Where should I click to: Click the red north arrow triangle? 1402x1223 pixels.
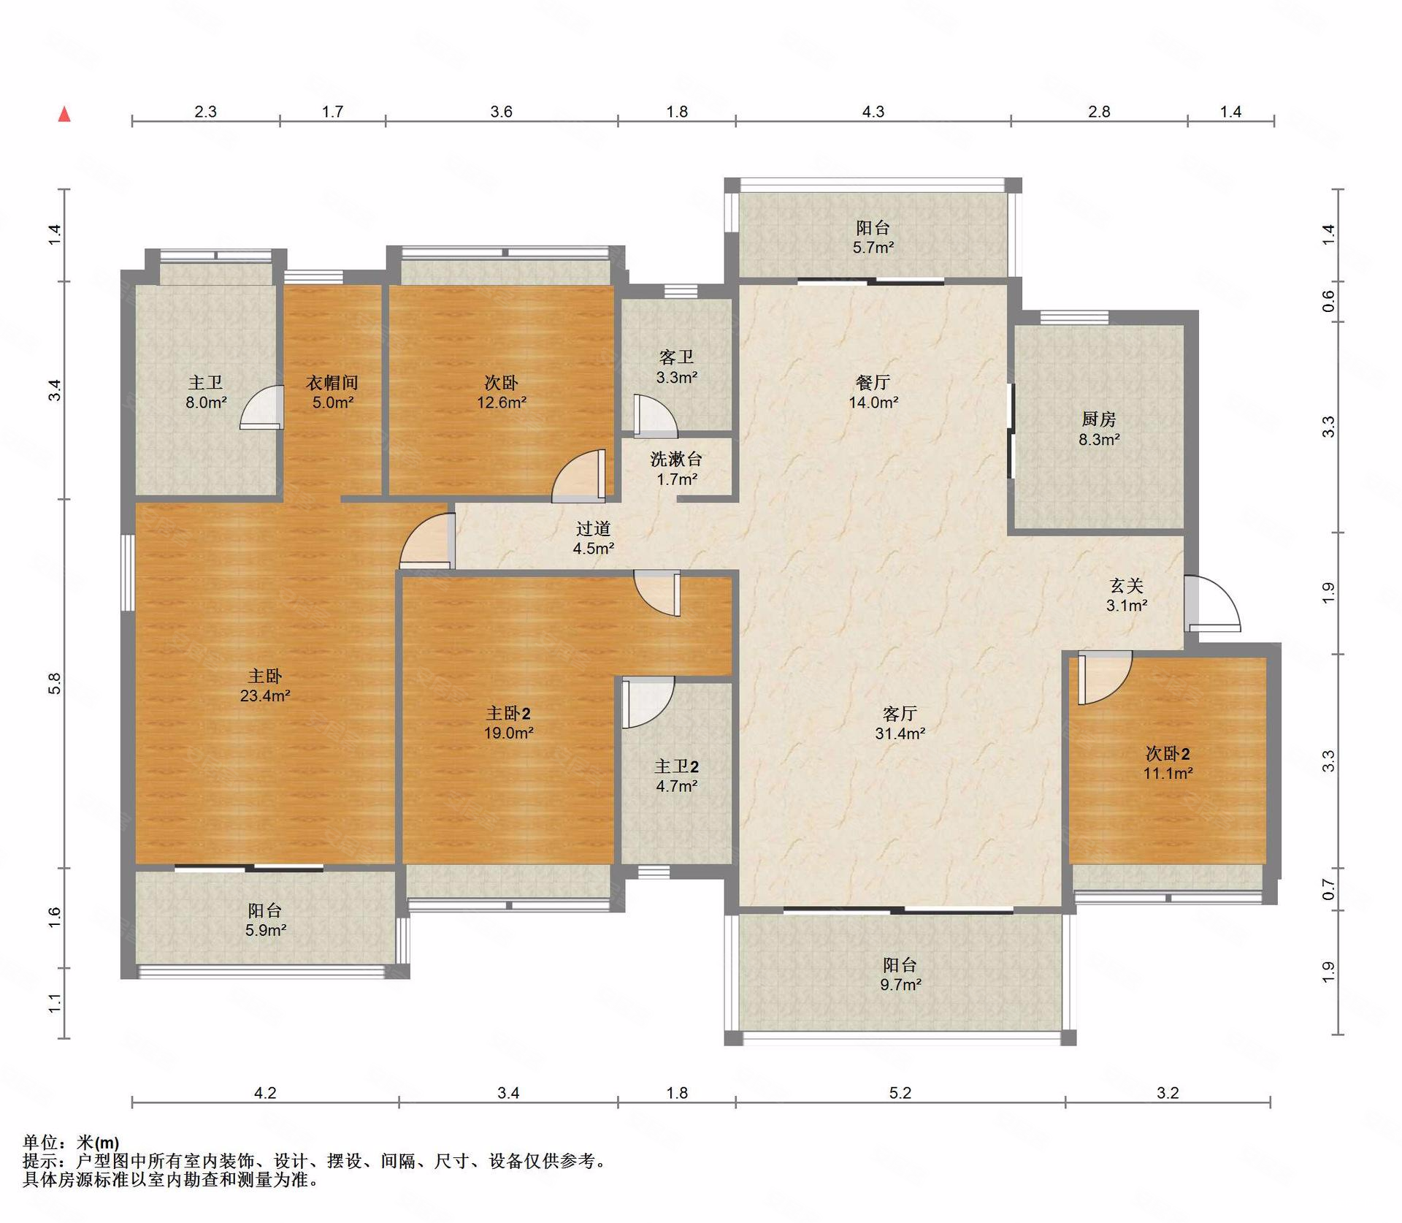(64, 114)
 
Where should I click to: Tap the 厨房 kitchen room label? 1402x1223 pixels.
(1099, 419)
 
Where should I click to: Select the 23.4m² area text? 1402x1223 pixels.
(265, 696)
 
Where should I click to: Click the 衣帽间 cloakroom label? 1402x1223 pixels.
(332, 382)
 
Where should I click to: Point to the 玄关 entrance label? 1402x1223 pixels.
(1127, 585)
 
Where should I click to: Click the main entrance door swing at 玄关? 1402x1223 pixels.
(1212, 603)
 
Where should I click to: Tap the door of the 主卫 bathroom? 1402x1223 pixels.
(262, 407)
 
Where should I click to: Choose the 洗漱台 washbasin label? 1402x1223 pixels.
(676, 459)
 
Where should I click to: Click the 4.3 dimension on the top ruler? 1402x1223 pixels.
(873, 112)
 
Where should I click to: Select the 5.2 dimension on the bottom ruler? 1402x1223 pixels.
(900, 1093)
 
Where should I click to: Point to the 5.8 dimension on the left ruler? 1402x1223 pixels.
(55, 684)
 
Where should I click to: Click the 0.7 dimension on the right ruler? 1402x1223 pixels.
(1328, 890)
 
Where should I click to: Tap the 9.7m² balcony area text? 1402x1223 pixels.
(900, 984)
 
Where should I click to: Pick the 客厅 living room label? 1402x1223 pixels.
(900, 713)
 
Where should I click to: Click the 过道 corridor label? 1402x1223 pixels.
(593, 528)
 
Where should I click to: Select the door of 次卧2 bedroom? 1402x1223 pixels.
(1104, 677)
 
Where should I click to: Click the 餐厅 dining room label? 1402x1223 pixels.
(873, 382)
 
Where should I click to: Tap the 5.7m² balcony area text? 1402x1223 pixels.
(873, 247)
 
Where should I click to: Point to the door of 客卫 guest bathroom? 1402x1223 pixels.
(655, 416)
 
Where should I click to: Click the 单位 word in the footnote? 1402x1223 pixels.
(39, 1143)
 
